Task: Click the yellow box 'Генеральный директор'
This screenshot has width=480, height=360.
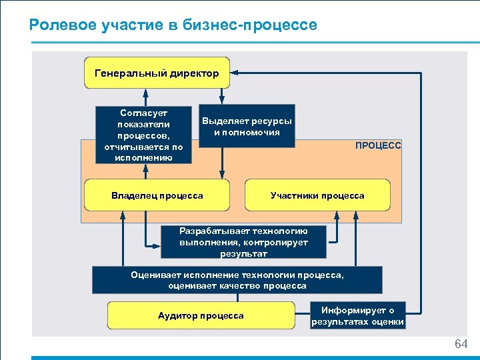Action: [157, 73]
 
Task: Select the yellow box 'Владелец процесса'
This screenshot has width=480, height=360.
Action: [157, 195]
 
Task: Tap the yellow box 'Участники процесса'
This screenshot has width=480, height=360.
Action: [317, 195]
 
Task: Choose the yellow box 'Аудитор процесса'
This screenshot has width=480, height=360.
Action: [201, 315]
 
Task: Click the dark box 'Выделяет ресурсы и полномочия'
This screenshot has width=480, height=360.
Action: [247, 126]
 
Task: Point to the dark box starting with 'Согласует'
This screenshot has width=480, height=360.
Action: [143, 135]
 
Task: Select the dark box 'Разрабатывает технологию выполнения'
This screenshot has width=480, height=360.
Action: [243, 242]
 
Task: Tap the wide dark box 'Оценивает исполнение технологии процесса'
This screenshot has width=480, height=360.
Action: [237, 280]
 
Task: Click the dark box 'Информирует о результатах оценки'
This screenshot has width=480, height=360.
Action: [357, 315]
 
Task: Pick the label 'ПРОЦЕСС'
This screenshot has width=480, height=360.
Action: [378, 145]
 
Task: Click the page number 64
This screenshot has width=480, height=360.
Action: [461, 344]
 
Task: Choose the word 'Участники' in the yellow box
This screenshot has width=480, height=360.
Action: [294, 195]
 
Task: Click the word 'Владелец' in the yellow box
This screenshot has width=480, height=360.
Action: [133, 195]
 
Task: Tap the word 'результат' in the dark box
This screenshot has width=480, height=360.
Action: [243, 253]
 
